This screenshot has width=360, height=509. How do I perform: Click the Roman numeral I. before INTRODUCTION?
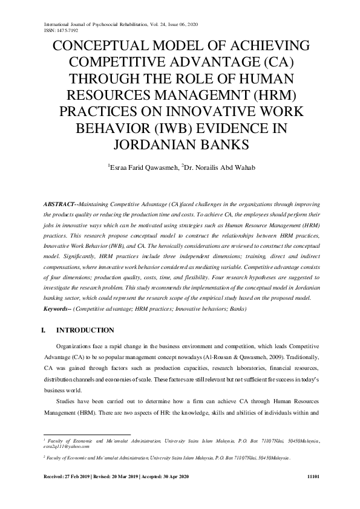(x=42, y=330)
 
